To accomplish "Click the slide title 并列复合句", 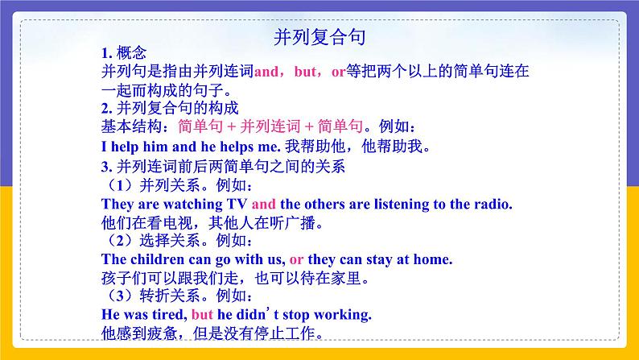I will tap(319, 36).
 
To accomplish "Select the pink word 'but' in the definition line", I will tap(307, 72).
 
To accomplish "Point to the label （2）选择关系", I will tap(144, 240).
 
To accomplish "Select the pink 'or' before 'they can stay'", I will tap(296, 259).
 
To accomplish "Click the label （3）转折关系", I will tap(144, 296).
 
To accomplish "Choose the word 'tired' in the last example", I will tap(170, 315).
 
